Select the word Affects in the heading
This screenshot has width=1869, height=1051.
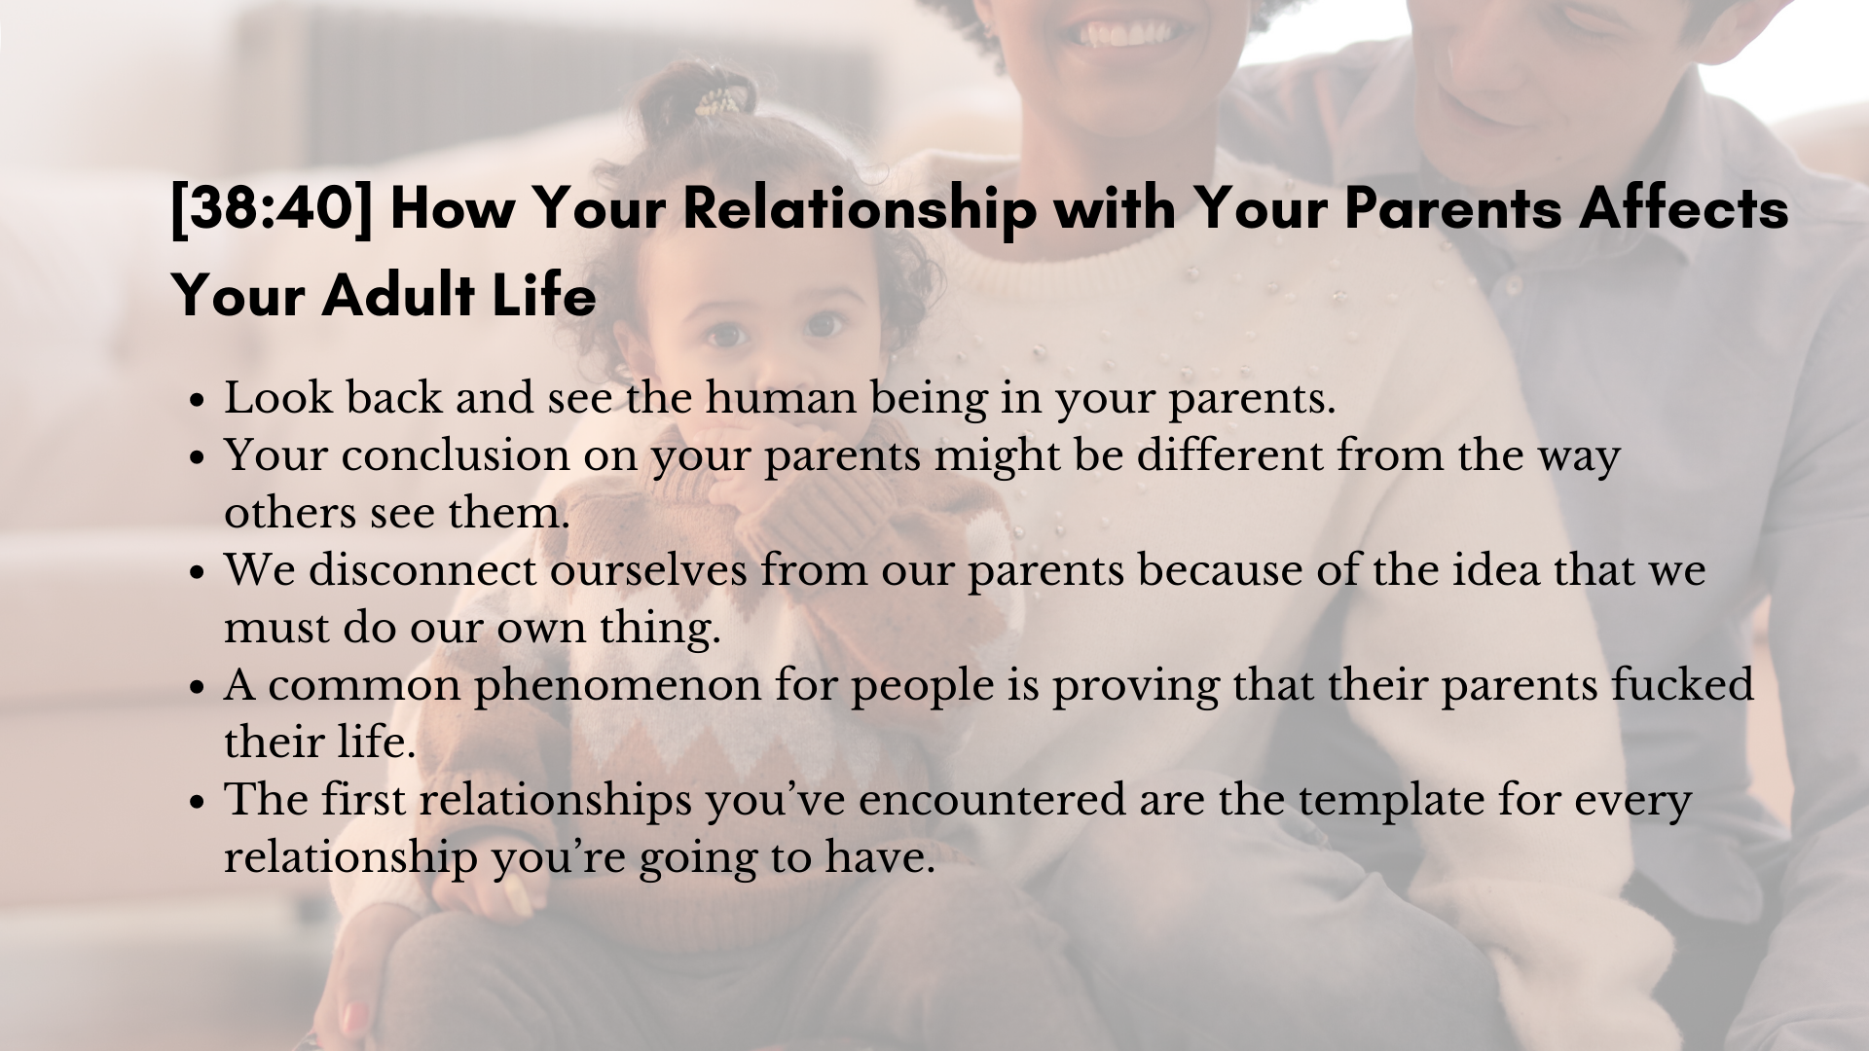pyautogui.click(x=1684, y=208)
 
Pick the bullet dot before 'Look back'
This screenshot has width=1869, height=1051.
pyautogui.click(x=198, y=401)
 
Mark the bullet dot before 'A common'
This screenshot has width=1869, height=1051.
pyautogui.click(x=198, y=688)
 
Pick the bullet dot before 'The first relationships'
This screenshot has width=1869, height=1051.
pyautogui.click(x=198, y=803)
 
